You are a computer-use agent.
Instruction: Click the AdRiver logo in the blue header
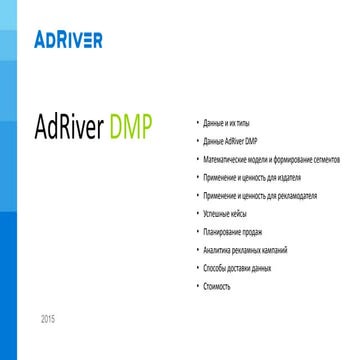[x=67, y=41]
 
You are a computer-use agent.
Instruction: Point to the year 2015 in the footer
[x=48, y=318]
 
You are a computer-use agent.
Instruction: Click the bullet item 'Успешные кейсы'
[x=218, y=214]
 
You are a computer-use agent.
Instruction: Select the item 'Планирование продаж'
[x=223, y=229]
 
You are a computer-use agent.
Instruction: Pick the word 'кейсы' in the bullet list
[x=228, y=214]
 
